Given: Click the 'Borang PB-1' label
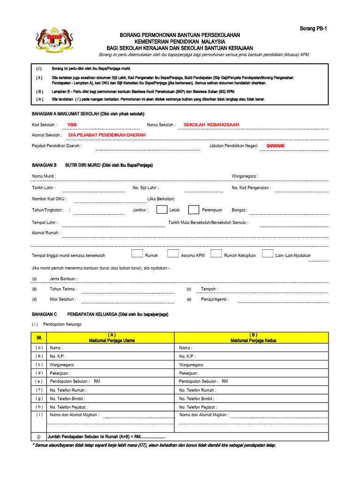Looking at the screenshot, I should pos(313,29).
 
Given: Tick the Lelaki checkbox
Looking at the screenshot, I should pos(162,210).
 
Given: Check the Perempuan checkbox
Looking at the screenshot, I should pos(193,210).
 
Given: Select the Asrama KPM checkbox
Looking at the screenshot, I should pos(173,254).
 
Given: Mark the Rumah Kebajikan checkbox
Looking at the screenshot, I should pos(216,254).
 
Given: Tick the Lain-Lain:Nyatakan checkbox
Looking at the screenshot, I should pos(267,254).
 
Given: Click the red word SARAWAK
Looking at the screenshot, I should pos(276,146).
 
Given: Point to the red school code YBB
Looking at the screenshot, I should pos(72,125).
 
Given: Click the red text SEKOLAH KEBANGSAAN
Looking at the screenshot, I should pos(211,125).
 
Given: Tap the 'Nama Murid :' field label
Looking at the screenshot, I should pos(44,176).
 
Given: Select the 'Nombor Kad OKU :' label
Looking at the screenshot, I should pos(49,199).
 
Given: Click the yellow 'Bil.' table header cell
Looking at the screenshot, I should pos(39,337).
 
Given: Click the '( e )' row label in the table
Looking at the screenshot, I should pos(39,381).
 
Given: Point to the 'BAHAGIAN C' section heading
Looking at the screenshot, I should pos(44,314).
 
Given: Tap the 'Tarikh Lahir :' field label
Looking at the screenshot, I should pos(44,187).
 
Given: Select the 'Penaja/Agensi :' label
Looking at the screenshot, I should pos(215,299).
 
